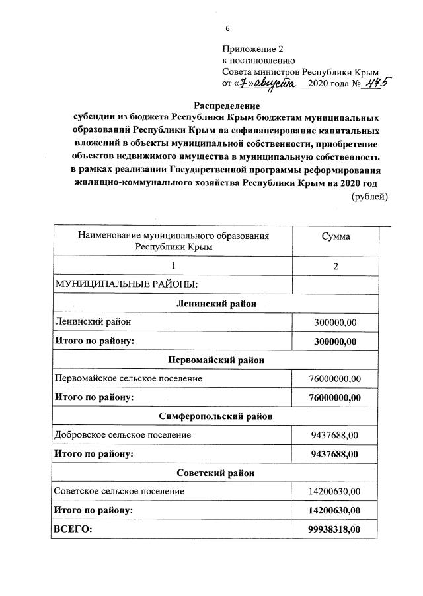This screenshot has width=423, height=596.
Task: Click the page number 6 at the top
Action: click(x=227, y=28)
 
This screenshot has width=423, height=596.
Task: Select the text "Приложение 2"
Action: click(x=252, y=49)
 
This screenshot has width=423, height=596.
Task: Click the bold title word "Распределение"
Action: click(x=227, y=106)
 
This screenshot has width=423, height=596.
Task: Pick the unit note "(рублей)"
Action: click(x=369, y=196)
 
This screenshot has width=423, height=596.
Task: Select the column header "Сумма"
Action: click(x=335, y=236)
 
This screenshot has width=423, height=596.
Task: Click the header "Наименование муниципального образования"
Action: click(x=174, y=236)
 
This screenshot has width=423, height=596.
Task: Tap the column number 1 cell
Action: click(x=174, y=266)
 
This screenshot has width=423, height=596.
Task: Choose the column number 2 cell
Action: click(x=336, y=266)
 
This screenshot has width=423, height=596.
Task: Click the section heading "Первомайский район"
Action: click(x=216, y=360)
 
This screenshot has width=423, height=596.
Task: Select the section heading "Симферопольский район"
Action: click(x=216, y=416)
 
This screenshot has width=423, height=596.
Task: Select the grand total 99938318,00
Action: click(x=336, y=529)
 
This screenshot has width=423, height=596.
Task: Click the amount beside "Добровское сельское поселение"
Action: click(x=336, y=435)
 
